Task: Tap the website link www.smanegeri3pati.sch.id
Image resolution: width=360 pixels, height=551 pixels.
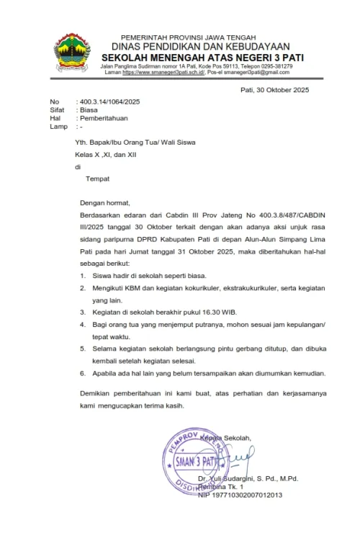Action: pyautogui.click(x=163, y=73)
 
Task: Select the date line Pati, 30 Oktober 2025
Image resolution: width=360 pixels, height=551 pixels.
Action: pyautogui.click(x=274, y=89)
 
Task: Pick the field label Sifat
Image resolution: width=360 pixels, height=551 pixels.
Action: pyautogui.click(x=57, y=109)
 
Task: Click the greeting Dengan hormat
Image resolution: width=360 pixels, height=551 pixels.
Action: pyautogui.click(x=105, y=203)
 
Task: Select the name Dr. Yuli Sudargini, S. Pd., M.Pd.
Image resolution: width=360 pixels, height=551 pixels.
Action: pyautogui.click(x=248, y=478)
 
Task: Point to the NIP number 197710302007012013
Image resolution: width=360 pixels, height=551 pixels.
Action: pyautogui.click(x=240, y=495)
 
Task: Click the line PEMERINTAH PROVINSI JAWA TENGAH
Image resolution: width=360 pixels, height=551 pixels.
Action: pyautogui.click(x=179, y=37)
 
